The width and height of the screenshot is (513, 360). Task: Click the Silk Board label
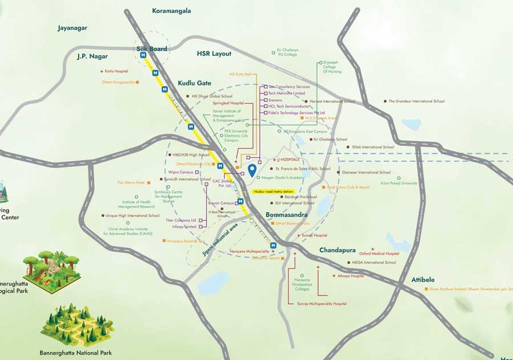tap(152, 49)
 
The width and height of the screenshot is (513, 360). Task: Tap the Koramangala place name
tap(172, 11)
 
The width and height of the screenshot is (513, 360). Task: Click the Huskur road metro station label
tap(273, 192)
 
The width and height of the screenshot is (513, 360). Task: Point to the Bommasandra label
tap(287, 215)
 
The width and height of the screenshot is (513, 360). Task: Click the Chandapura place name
tap(337, 250)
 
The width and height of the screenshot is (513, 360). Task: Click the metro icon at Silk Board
tap(144, 55)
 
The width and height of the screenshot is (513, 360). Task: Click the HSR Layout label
tap(214, 54)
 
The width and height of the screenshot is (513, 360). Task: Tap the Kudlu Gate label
tap(194, 83)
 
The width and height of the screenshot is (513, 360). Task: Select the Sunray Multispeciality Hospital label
tap(321, 304)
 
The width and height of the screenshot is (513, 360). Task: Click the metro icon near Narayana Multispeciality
tap(274, 245)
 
